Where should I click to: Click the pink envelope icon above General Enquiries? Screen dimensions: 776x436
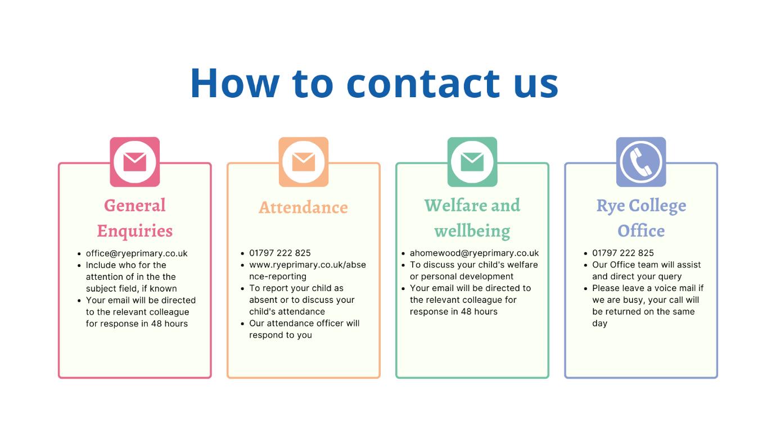pos(135,162)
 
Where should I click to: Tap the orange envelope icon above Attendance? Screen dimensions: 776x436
pos(304,162)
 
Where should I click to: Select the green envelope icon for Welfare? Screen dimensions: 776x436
pos(472,162)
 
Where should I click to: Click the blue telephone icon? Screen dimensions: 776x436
pos(641,162)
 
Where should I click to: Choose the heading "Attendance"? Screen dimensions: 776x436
pos(304,207)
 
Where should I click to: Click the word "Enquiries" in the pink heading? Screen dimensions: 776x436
pos(135,231)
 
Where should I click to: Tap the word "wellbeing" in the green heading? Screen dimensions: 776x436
pos(472,231)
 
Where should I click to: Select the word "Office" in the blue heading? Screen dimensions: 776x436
pos(641,231)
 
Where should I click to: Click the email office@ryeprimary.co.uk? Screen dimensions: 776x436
pos(137,253)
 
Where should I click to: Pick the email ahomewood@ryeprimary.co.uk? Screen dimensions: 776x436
pos(474,253)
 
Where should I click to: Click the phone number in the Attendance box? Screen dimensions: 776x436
pos(280,253)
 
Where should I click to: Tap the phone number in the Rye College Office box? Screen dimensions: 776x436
pos(623,253)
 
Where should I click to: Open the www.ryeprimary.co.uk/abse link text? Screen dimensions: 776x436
pos(308,265)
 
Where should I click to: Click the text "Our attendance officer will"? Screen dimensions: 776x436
pos(304,323)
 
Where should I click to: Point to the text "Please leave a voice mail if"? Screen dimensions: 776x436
pos(648,288)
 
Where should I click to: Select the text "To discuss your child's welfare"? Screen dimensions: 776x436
pos(474,265)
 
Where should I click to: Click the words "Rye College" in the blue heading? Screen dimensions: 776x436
pos(641,206)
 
